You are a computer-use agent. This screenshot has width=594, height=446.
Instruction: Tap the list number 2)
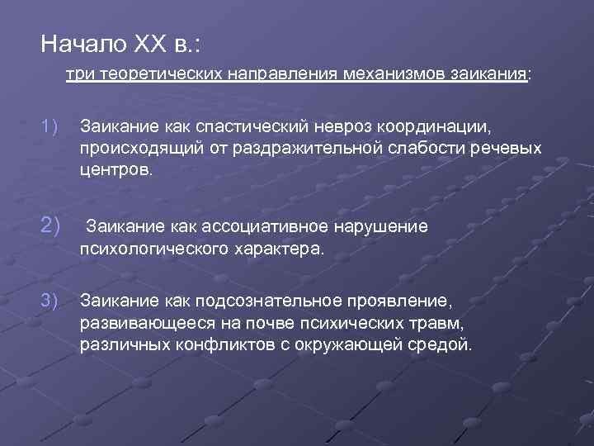(49, 225)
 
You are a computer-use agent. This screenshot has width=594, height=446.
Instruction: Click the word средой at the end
(445, 344)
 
